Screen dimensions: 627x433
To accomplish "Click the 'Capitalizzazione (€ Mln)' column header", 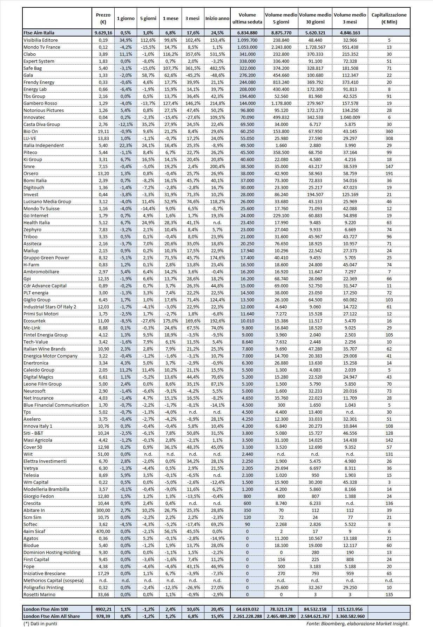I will click(x=389, y=18).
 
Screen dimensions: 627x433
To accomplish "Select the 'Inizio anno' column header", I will click(x=217, y=19).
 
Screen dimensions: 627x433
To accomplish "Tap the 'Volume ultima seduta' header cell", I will click(x=247, y=18).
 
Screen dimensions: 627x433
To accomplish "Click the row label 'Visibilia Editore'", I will click(x=40, y=40).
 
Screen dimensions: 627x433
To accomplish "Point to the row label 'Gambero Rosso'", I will click(x=40, y=103).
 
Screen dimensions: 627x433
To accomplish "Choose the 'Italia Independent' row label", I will click(x=43, y=145).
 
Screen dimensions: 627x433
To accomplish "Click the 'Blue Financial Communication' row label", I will click(x=56, y=405).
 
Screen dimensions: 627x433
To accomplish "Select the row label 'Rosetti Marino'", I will click(x=39, y=594).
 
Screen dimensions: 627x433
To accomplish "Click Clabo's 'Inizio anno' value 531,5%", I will click(x=217, y=54).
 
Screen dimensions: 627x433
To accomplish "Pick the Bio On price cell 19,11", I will click(x=103, y=131).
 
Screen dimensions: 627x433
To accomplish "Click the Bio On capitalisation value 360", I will click(x=389, y=131).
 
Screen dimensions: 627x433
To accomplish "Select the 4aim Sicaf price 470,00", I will click(x=103, y=531).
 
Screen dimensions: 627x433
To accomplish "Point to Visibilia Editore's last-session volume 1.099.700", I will click(x=247, y=40).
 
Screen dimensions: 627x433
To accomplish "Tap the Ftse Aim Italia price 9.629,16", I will click(x=103, y=33).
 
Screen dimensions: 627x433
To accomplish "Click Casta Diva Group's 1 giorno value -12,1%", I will click(x=125, y=124).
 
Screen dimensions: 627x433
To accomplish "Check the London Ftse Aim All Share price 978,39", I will click(x=103, y=616).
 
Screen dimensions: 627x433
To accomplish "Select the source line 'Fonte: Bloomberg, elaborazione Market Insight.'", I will click(x=357, y=623).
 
